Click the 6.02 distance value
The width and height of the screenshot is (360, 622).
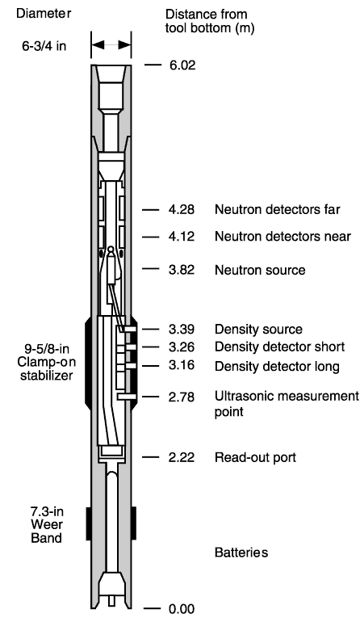182,65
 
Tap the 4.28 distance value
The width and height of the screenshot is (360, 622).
182,209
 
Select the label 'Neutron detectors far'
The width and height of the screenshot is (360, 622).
278,209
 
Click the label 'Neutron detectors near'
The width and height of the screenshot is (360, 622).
283,237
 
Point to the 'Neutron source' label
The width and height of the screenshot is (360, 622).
260,270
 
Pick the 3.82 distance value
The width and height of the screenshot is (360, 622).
182,270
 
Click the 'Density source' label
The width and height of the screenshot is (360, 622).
258,330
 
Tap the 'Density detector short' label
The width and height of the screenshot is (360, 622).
279,347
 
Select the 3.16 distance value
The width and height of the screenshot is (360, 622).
182,365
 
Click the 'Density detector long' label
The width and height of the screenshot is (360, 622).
277,367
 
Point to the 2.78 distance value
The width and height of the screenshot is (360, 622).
182,397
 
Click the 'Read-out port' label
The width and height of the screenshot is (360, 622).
255,457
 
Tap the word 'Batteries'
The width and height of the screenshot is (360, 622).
241,553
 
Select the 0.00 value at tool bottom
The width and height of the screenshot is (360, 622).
182,609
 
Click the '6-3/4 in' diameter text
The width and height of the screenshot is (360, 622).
44,46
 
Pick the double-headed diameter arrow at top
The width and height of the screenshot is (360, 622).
111,44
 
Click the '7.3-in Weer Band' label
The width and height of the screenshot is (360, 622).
47,524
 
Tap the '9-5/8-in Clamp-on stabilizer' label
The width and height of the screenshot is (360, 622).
47,362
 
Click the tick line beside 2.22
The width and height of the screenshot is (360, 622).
150,457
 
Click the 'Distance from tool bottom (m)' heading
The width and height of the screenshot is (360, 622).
210,21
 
